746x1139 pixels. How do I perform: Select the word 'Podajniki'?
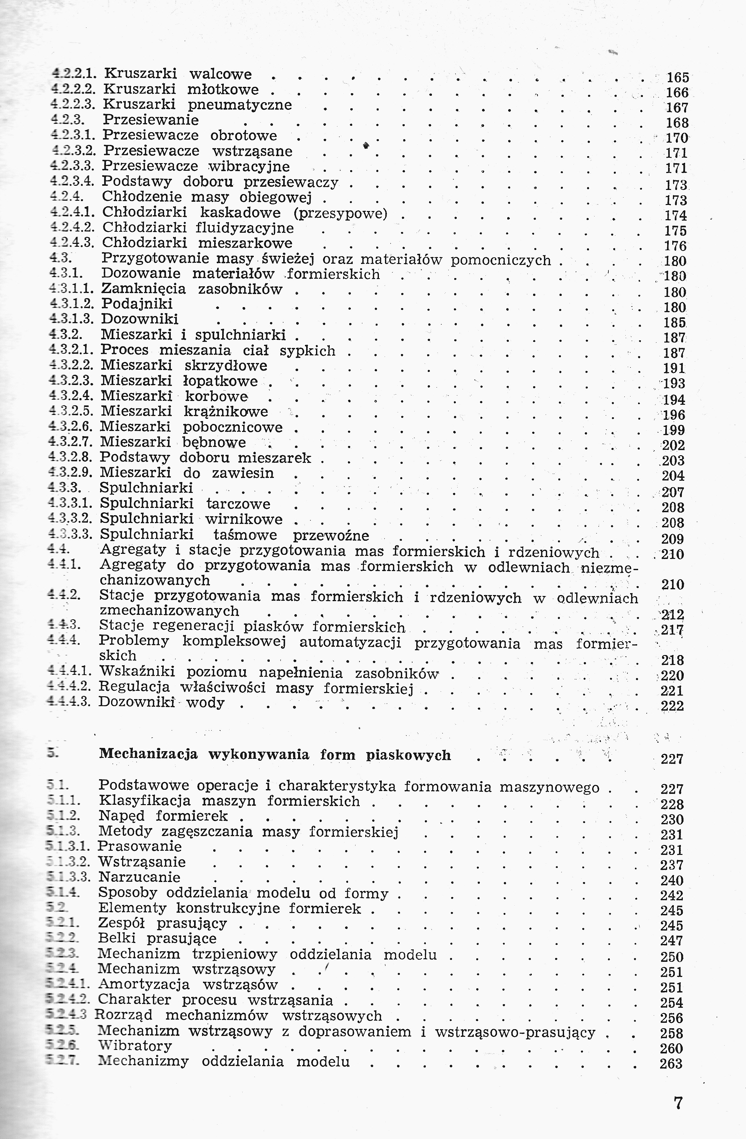click(x=137, y=304)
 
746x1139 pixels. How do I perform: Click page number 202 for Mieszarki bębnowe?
click(x=673, y=446)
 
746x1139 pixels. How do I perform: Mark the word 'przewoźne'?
click(x=331, y=535)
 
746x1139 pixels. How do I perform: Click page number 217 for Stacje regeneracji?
click(x=672, y=630)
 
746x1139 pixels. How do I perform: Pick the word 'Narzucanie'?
click(x=139, y=877)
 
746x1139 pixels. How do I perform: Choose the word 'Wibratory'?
click(x=134, y=1046)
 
